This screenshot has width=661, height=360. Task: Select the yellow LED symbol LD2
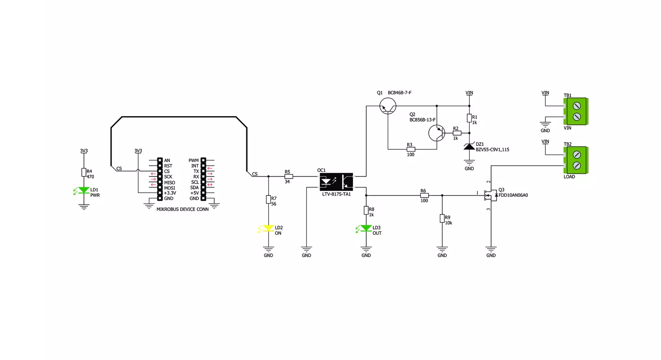click(x=267, y=228)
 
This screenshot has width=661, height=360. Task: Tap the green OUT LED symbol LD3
click(x=365, y=228)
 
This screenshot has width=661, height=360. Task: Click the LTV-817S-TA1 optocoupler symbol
click(x=336, y=182)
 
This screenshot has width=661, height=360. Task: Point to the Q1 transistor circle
click(x=388, y=106)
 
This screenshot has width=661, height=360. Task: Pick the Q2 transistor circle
click(x=437, y=133)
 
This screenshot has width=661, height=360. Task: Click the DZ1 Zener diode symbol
click(x=469, y=146)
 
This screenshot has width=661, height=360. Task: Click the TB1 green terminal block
click(x=576, y=111)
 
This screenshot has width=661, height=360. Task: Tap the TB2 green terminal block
click(x=576, y=160)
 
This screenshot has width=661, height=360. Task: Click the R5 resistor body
click(x=289, y=176)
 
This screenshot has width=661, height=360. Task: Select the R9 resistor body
click(x=442, y=218)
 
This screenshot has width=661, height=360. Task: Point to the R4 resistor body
click(x=84, y=172)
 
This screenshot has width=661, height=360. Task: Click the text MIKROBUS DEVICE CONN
click(x=182, y=209)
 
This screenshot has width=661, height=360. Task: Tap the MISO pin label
click(x=169, y=183)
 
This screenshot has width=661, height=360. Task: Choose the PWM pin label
click(x=193, y=160)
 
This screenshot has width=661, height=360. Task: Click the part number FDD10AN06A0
click(x=513, y=195)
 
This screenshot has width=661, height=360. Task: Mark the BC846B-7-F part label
click(x=400, y=93)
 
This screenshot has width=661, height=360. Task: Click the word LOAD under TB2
click(x=569, y=177)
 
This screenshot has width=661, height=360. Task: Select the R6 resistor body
click(x=425, y=195)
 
